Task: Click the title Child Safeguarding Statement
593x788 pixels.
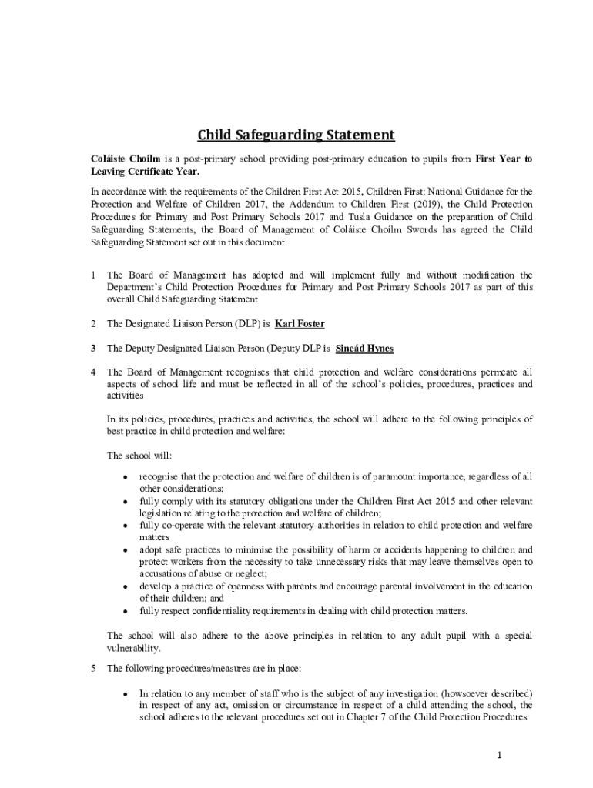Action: pyautogui.click(x=296, y=135)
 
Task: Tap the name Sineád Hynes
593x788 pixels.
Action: pyautogui.click(x=364, y=349)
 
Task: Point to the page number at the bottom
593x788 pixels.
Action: pyautogui.click(x=499, y=755)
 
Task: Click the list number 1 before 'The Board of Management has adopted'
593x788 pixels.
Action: pyautogui.click(x=93, y=275)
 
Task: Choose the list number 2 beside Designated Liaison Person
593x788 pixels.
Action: pyautogui.click(x=93, y=323)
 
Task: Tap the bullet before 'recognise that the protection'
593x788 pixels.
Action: pyautogui.click(x=125, y=477)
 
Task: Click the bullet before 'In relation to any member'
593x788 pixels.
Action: pyautogui.click(x=125, y=693)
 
